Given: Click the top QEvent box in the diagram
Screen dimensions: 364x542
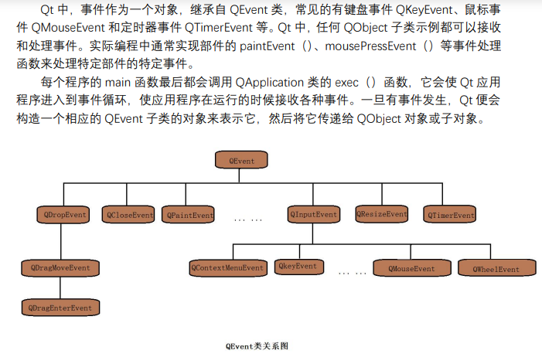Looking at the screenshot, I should (x=245, y=161).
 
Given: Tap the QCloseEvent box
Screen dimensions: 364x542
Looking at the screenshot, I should (x=128, y=214).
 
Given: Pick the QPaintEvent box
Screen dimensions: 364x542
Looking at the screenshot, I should (x=189, y=214).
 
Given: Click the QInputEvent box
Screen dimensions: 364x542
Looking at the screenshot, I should (x=314, y=213).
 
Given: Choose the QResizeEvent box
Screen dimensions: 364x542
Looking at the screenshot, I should (x=381, y=213).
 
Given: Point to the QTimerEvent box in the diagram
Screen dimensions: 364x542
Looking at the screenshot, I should (x=450, y=214).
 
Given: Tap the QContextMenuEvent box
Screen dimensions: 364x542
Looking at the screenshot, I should (x=227, y=267).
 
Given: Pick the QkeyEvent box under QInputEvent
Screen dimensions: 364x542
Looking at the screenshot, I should (x=298, y=267).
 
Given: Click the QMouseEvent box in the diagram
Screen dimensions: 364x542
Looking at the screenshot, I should (x=411, y=268).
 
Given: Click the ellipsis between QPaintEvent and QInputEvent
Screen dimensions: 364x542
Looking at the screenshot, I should (x=247, y=219).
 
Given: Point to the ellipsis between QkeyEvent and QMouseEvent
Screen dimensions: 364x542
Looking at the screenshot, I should (x=353, y=273).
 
